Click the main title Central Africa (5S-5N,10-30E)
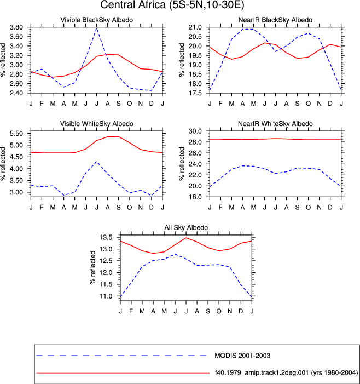[x=172, y=5]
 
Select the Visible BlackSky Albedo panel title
[x=97, y=20]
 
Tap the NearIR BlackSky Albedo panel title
[x=275, y=20]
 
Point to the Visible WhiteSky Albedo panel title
[x=97, y=124]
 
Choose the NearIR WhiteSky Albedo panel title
[x=275, y=124]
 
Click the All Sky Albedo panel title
[x=186, y=227]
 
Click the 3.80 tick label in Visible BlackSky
[x=16, y=27]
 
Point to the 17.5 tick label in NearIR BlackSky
[x=195, y=93]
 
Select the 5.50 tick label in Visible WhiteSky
[x=16, y=134]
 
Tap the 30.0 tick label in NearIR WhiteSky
[x=195, y=131]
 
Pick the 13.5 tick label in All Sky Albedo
[x=106, y=237]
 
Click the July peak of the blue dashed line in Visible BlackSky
[x=97, y=28]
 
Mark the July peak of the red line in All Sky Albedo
[x=186, y=238]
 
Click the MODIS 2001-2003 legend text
[x=242, y=356]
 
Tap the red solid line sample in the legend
[x=123, y=373]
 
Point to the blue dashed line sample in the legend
[x=121, y=356]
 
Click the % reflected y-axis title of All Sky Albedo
[x=92, y=267]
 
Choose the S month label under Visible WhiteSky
[x=119, y=208]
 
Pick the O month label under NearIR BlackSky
[x=309, y=104]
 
